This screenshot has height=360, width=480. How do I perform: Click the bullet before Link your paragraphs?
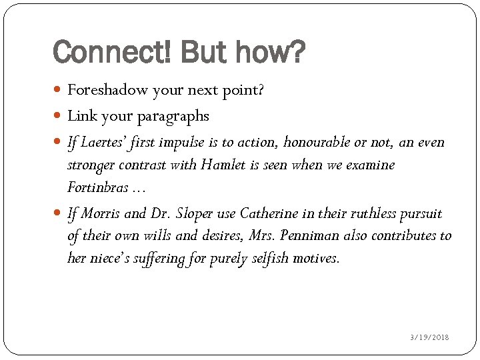point(59,117)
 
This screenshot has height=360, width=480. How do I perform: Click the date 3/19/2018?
point(429,337)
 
